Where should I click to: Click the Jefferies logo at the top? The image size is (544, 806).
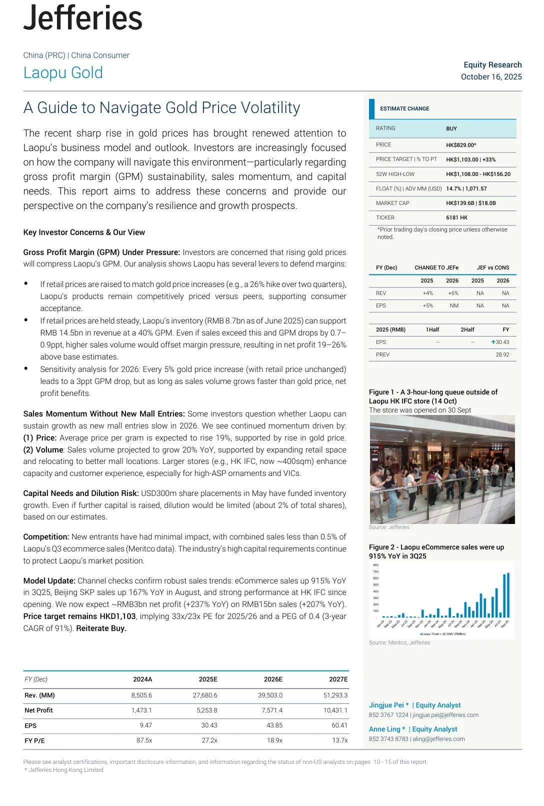tap(83, 18)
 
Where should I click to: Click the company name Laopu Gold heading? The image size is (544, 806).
tap(63, 73)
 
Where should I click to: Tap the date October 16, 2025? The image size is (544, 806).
tap(491, 76)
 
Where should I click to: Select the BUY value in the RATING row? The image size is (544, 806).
tap(451, 128)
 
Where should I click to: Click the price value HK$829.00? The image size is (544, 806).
tap(460, 145)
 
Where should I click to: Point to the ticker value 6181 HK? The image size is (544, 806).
tap(456, 217)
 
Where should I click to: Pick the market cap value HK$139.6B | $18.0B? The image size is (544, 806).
tap(470, 203)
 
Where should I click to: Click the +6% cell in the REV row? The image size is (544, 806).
tap(453, 293)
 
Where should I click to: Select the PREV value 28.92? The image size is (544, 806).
tap(502, 354)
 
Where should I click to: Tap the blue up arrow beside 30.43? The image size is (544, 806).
tap(493, 342)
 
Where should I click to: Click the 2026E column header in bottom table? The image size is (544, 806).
tap(273, 679)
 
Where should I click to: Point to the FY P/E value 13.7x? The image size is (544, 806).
tap(339, 740)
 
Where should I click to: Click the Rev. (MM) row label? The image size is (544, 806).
tap(39, 695)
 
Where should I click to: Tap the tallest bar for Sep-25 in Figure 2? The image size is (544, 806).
tap(508, 595)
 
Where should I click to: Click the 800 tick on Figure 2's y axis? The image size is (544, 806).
tap(376, 565)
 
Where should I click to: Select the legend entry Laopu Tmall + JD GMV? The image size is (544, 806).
tap(443, 634)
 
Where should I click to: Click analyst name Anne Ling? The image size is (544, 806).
tap(384, 729)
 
